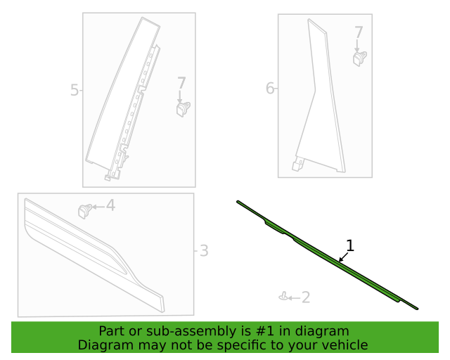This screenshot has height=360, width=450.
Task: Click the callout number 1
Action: coord(349,245)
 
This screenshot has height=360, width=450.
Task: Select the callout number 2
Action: coord(305,297)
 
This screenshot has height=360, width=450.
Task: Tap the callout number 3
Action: coord(203,250)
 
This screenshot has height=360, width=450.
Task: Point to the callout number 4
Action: coord(110,205)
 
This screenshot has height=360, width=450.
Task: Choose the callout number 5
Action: coord(75,90)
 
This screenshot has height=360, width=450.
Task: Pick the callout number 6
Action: coord(269,88)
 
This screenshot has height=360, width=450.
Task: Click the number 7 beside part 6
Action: coord(359,32)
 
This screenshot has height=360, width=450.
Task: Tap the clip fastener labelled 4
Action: coord(85,209)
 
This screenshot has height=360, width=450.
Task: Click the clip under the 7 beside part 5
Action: coord(183,108)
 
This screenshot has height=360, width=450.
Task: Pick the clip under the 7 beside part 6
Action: coord(360,58)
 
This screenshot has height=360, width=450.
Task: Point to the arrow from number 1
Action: coord(343,257)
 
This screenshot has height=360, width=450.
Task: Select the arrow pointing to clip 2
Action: coord(294,297)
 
